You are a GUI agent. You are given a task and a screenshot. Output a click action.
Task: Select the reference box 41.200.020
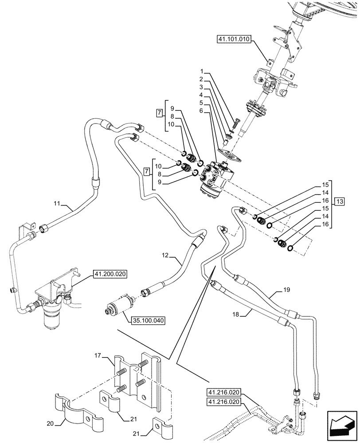110,275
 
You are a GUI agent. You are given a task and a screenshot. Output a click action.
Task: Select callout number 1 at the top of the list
201,71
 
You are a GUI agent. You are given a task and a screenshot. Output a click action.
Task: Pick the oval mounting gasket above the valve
230,155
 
